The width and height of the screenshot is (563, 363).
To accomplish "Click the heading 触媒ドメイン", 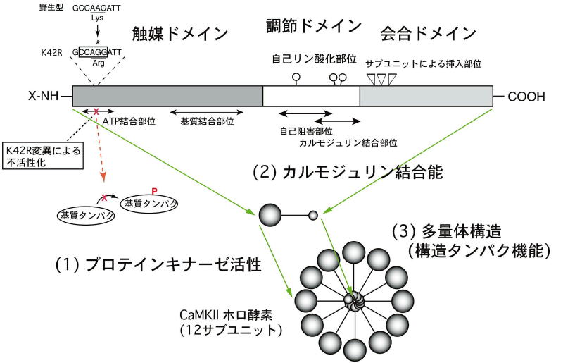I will (x=181, y=33).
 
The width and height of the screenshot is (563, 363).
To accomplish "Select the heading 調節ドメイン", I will (x=315, y=27).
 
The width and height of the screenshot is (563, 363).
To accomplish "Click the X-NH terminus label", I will (x=45, y=95).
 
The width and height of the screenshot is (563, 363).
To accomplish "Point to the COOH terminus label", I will (x=526, y=96).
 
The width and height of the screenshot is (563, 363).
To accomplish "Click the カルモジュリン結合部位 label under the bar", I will (x=348, y=142).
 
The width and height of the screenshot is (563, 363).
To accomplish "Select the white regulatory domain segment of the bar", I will (x=311, y=96).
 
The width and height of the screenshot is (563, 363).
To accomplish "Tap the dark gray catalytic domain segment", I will (x=167, y=96).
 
